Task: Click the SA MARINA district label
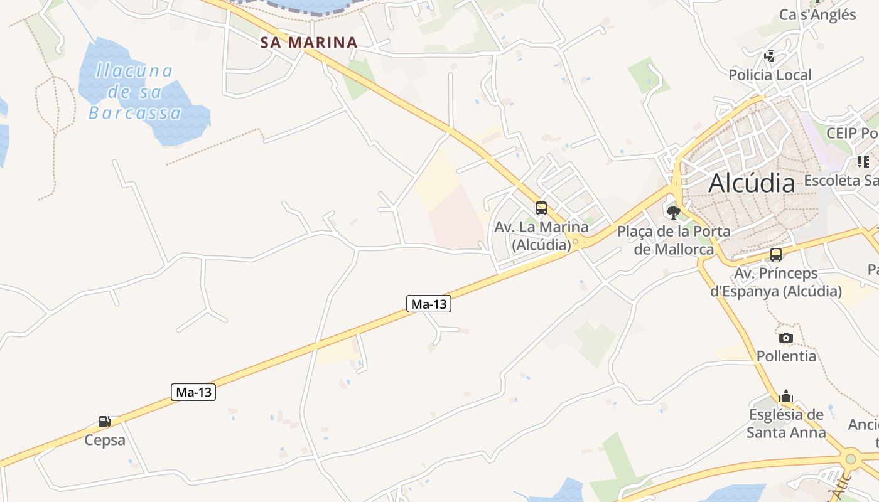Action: pyautogui.click(x=309, y=43)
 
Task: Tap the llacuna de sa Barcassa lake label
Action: pyautogui.click(x=134, y=92)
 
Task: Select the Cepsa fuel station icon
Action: pyautogui.click(x=105, y=422)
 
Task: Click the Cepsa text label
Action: pyautogui.click(x=105, y=440)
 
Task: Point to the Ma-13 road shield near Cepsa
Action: pyautogui.click(x=193, y=392)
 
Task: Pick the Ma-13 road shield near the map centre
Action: pyautogui.click(x=429, y=304)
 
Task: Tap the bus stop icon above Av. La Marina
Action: pyautogui.click(x=541, y=208)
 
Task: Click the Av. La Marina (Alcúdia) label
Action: pyautogui.click(x=541, y=235)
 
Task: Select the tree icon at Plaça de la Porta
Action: pyautogui.click(x=674, y=212)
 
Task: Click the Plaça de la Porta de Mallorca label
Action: pyautogui.click(x=674, y=240)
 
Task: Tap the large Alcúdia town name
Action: pyautogui.click(x=752, y=183)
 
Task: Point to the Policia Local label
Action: pyautogui.click(x=770, y=75)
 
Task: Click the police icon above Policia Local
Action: pyautogui.click(x=770, y=57)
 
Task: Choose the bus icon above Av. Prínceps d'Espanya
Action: pyautogui.click(x=776, y=255)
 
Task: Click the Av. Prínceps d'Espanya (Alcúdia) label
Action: pyautogui.click(x=776, y=282)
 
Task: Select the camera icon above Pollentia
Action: pyautogui.click(x=786, y=338)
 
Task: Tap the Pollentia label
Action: pyautogui.click(x=786, y=356)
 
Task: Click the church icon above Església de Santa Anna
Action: pyautogui.click(x=786, y=397)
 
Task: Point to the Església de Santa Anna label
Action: pyautogui.click(x=786, y=424)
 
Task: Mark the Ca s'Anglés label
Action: pyautogui.click(x=817, y=14)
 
